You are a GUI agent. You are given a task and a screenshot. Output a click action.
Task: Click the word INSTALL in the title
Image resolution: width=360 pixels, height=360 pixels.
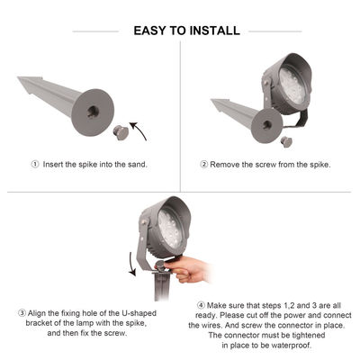click(x=215, y=31)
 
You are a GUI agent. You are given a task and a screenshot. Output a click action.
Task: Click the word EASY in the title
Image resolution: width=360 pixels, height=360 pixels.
click(x=149, y=31)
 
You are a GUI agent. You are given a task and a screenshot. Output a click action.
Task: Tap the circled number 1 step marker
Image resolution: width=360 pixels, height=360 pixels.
click(x=35, y=165)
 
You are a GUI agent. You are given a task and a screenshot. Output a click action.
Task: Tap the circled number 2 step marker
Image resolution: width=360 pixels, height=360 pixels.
click(x=204, y=165)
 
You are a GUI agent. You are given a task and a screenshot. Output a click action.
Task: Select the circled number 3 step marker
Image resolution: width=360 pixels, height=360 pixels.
click(x=22, y=313)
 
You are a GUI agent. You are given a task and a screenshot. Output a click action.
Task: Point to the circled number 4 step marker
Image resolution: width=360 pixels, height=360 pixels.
click(x=201, y=305)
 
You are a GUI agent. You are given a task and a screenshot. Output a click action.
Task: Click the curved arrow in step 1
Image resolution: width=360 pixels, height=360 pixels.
click(x=138, y=130)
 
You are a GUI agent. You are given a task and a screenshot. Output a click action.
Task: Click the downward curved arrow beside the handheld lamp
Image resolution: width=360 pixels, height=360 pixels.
click(x=131, y=264)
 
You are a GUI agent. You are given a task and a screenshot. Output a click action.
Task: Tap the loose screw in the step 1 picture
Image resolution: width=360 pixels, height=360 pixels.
click(x=121, y=133)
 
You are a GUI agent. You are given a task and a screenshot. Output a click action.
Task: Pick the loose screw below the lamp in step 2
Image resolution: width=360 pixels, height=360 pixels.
click(x=286, y=142)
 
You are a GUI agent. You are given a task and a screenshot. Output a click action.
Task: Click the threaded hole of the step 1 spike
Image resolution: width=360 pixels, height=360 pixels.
click(x=93, y=112)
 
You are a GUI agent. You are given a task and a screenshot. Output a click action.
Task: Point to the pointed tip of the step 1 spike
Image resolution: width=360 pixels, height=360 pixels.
click(x=18, y=77)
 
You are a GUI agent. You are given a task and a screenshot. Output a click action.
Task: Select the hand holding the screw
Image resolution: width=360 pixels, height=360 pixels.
click(x=187, y=269)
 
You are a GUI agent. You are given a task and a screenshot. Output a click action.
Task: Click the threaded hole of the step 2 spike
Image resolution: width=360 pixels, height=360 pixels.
click(x=267, y=124)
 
